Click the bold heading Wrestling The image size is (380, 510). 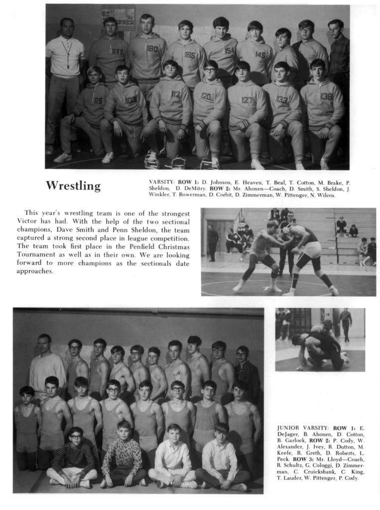[x=73, y=186]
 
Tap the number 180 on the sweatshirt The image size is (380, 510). [x=152, y=49]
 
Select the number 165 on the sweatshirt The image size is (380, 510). [x=189, y=55]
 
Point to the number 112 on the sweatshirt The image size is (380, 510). [x=175, y=94]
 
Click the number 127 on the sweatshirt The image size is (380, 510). [x=247, y=100]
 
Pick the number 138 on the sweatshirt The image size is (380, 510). [x=326, y=96]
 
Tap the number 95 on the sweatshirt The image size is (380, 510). [x=98, y=101]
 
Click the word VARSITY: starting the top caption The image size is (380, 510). [x=161, y=183]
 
